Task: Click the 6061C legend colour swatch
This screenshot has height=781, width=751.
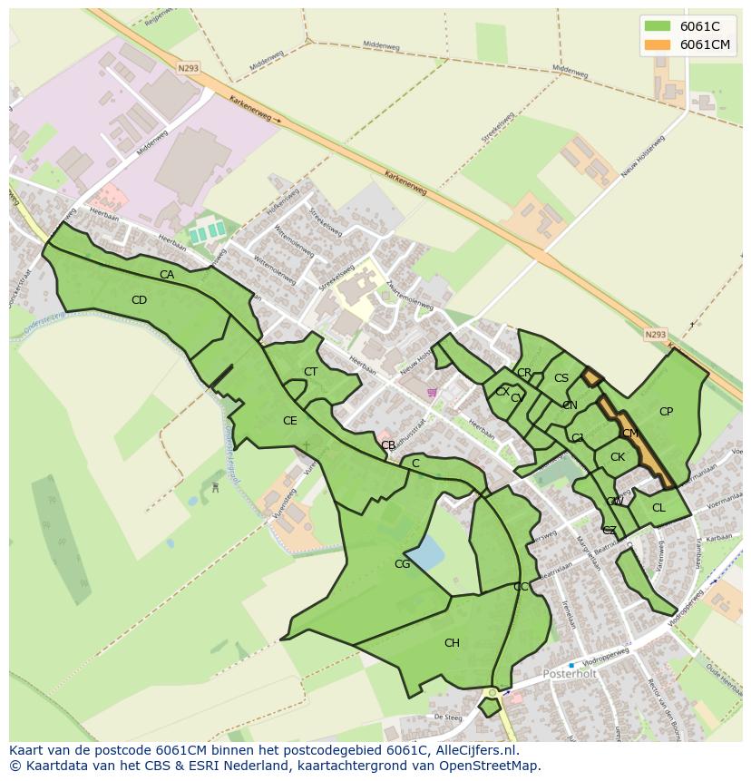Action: tap(657, 26)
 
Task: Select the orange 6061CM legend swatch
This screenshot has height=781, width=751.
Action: tap(657, 44)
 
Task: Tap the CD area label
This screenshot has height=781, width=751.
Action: tap(139, 300)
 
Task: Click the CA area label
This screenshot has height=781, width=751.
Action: tap(167, 275)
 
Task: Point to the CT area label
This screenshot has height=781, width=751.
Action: tap(311, 372)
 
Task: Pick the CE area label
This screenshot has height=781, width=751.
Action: tap(290, 421)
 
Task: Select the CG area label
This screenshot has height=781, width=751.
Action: tap(402, 564)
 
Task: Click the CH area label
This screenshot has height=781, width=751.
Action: tap(452, 643)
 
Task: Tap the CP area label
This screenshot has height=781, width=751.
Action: tap(666, 412)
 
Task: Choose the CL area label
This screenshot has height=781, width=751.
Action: tap(658, 508)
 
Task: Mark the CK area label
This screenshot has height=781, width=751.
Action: tap(618, 457)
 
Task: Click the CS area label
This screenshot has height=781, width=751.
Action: tap(561, 378)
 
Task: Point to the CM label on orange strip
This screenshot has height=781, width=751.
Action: tap(630, 434)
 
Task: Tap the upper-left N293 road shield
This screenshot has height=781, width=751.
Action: tap(188, 67)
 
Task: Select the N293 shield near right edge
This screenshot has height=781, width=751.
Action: tap(655, 335)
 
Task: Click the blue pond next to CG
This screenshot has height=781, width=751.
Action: tap(426, 551)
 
